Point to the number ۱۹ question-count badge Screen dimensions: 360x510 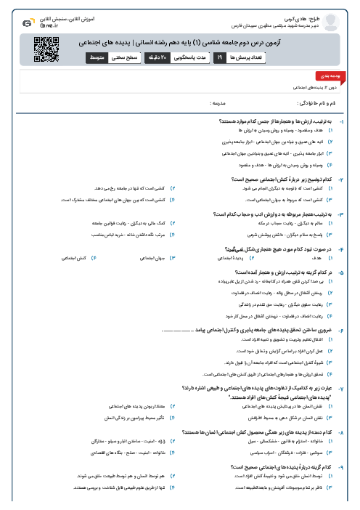coord(219,57)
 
